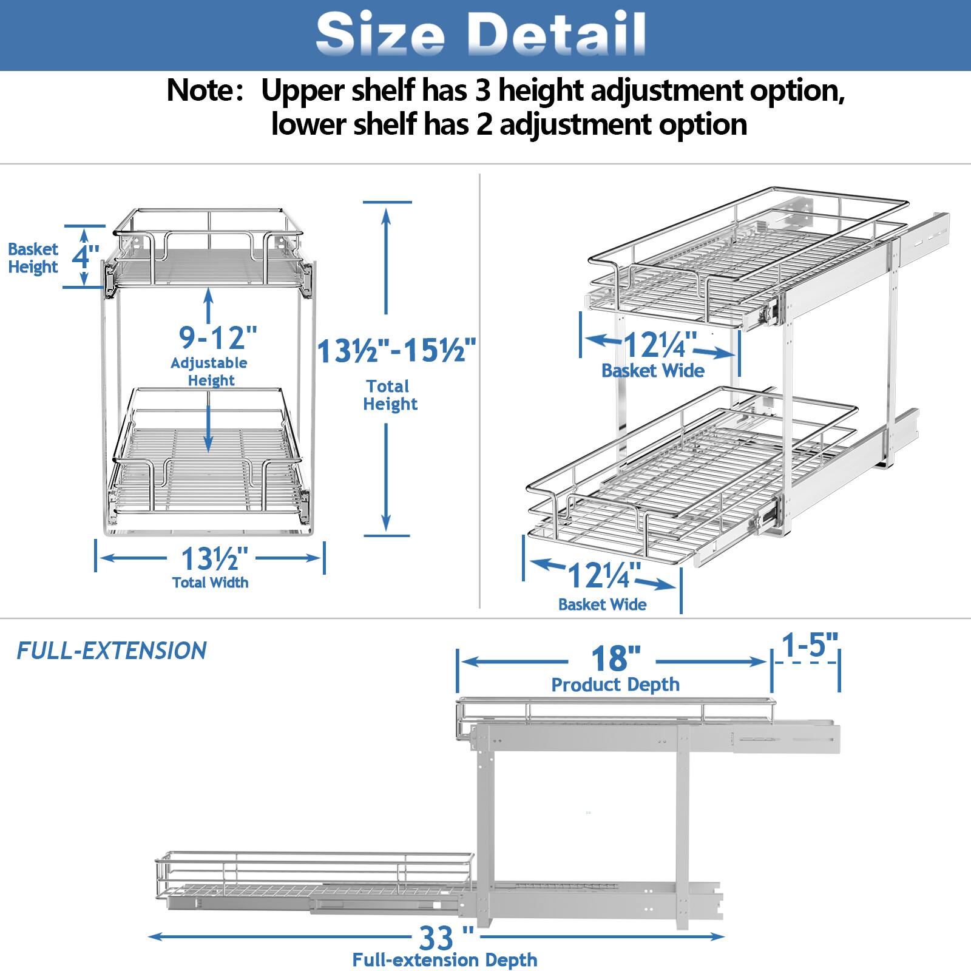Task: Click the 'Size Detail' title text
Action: [481, 34]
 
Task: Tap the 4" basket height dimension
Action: [86, 256]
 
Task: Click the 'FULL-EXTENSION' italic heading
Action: [111, 651]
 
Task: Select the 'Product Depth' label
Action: [615, 685]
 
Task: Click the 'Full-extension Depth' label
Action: [445, 960]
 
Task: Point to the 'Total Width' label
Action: [210, 583]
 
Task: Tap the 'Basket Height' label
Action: [33, 258]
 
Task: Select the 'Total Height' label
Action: [390, 395]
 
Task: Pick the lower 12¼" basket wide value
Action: [604, 575]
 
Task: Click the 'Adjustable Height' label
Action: [209, 371]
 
